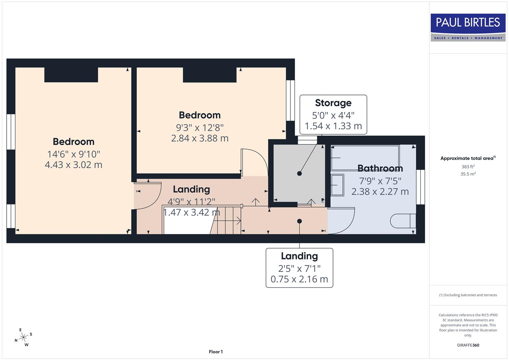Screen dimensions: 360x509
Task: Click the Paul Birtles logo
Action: coord(468,27)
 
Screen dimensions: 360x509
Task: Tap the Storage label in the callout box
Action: coord(333,103)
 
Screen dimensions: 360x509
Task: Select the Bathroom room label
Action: coord(380,168)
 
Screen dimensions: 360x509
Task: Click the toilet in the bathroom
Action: coord(403,221)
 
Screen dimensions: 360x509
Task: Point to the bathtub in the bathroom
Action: coord(365,158)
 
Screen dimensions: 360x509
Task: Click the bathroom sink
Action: coord(337,185)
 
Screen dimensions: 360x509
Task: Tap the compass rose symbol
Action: coord(23,338)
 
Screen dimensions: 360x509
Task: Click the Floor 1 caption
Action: coord(216,352)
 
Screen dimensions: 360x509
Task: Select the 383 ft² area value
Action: coord(468,167)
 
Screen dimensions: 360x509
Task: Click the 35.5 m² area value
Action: coord(468,174)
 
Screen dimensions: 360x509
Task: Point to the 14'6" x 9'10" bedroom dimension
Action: coord(73,154)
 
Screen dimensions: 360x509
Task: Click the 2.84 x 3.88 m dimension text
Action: coord(200,138)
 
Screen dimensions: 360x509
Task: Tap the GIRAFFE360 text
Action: coord(468,345)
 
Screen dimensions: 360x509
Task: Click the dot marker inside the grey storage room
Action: coord(299,174)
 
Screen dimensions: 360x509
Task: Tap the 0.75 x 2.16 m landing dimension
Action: coord(299,279)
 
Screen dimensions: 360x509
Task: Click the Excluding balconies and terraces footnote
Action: coord(468,295)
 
